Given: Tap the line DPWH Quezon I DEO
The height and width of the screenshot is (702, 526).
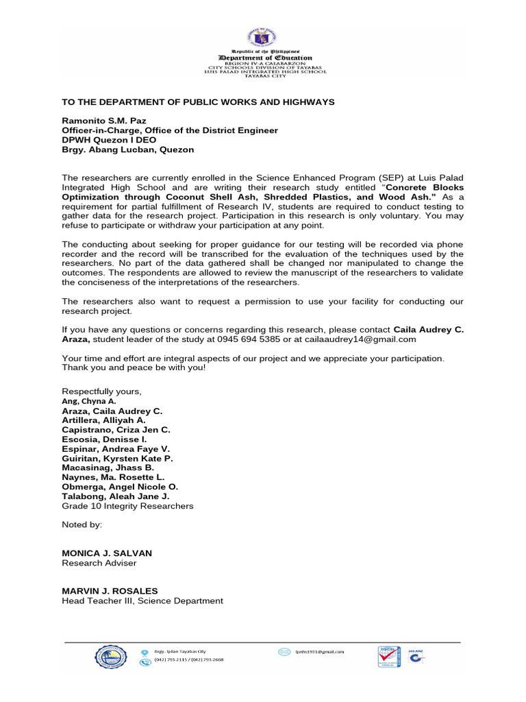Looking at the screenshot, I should click(110, 140).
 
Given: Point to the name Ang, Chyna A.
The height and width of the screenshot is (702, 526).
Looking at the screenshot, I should click(88, 401).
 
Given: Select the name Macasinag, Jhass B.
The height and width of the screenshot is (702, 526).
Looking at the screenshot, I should click(108, 468).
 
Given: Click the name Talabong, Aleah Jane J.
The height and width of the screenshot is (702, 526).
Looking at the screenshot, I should click(115, 496).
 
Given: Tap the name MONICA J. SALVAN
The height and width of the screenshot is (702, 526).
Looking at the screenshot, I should click(107, 553).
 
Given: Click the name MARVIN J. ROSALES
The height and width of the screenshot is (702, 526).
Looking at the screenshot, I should click(110, 591).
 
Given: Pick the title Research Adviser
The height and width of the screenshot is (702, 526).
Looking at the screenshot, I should click(99, 564).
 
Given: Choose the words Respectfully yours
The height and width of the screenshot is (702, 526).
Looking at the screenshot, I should click(101, 391).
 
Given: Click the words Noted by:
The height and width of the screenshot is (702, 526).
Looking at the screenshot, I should click(82, 524).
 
